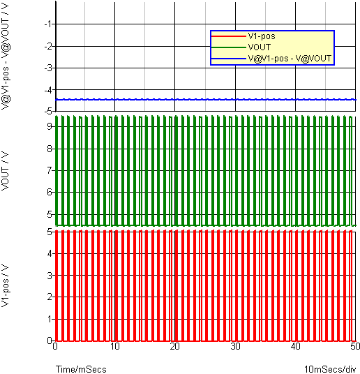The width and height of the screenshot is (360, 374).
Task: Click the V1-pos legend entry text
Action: pos(262,36)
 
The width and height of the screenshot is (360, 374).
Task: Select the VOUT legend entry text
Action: pos(260,47)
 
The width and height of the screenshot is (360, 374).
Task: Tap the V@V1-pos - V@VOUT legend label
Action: pos(290,59)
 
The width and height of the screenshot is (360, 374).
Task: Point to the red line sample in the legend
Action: pos(229,36)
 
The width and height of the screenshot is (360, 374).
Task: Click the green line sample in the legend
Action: pos(229,47)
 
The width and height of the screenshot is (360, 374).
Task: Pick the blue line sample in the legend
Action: pos(229,59)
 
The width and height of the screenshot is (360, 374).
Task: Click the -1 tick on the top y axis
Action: pos(50,24)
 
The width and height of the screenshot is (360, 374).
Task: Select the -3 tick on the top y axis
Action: pos(50,68)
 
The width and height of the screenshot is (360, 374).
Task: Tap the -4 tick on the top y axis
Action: pos(50,90)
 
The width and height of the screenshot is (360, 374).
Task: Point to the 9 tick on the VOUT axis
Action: pos(50,126)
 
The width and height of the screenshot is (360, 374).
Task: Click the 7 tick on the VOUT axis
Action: pos(50,170)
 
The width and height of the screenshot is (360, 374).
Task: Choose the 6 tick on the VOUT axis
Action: pos(50,192)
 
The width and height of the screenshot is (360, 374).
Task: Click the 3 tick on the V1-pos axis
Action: pos(50,276)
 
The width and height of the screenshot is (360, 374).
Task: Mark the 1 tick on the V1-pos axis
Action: pos(50,319)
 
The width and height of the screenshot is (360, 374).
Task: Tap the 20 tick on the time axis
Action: pos(175,346)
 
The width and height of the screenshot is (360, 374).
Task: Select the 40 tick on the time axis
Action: pos(295,346)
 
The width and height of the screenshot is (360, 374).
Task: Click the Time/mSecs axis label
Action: pos(81,369)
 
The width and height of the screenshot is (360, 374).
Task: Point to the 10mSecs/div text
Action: pos(330,369)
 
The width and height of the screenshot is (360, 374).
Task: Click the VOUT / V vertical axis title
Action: pos(6,171)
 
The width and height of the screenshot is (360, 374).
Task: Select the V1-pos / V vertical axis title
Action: pos(6,286)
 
